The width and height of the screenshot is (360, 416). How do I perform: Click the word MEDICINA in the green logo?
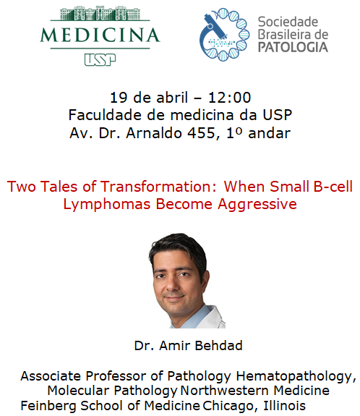[x=100, y=35]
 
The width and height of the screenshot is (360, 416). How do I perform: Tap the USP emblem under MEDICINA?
[x=100, y=60]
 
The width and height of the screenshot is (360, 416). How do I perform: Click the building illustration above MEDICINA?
[x=100, y=14]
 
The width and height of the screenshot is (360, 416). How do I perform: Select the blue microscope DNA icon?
[x=224, y=35]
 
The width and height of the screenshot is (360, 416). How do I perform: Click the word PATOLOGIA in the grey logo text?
[x=293, y=47]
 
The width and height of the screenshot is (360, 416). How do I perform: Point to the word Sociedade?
[x=288, y=22]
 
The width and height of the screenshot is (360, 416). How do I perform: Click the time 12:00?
[x=229, y=98]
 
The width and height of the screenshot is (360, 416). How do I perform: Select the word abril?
[x=172, y=97]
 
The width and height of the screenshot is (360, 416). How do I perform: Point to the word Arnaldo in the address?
[x=154, y=132]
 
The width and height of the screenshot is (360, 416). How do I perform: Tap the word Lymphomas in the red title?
[x=107, y=205]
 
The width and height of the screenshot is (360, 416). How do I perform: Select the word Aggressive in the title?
[x=257, y=205]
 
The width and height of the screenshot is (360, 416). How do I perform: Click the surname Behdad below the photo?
[x=218, y=345]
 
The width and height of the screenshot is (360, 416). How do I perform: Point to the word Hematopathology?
[x=296, y=376]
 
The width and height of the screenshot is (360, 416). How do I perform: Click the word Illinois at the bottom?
[x=284, y=405]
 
